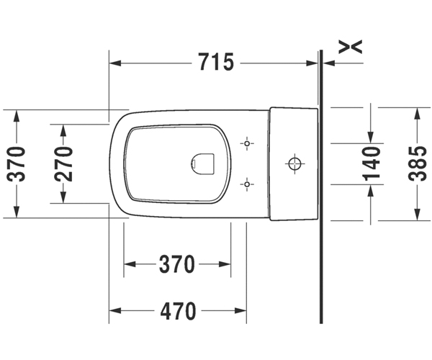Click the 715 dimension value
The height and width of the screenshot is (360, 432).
click(x=216, y=62)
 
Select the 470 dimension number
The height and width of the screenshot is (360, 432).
click(x=179, y=311)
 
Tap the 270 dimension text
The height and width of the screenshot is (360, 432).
click(x=63, y=164)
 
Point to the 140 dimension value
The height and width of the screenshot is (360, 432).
click(x=372, y=163)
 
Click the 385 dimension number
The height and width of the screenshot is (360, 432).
click(x=417, y=163)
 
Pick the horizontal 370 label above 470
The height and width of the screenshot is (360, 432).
click(x=177, y=264)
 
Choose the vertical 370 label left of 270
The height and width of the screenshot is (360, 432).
click(x=17, y=164)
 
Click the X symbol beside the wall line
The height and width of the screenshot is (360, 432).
click(x=350, y=47)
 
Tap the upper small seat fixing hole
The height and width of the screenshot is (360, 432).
click(x=247, y=143)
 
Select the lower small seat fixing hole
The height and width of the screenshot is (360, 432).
click(x=247, y=184)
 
